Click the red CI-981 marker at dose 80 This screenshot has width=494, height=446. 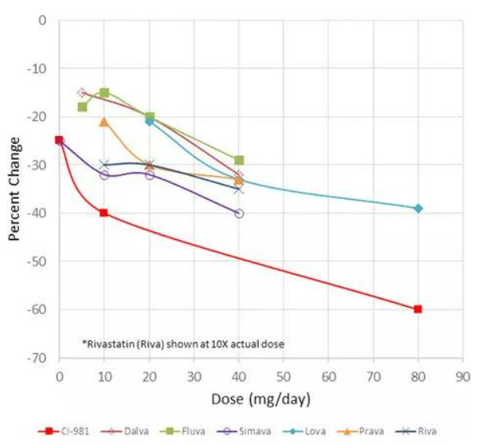(418, 309)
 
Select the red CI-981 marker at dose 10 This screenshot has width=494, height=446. (104, 213)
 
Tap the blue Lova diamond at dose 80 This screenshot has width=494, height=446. (418, 208)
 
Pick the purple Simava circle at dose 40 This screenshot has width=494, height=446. (239, 213)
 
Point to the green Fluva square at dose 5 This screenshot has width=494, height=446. (82, 106)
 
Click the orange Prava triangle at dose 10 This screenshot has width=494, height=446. (104, 122)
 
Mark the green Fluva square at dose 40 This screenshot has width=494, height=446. (239, 160)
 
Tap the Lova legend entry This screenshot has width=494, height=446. (301, 431)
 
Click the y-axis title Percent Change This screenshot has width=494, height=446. (14, 190)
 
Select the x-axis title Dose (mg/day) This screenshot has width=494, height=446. (260, 400)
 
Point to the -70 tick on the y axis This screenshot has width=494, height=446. (37, 358)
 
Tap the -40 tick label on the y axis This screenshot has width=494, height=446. (37, 213)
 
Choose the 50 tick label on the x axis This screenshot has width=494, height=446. (283, 375)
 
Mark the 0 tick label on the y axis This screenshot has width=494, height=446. (42, 20)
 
